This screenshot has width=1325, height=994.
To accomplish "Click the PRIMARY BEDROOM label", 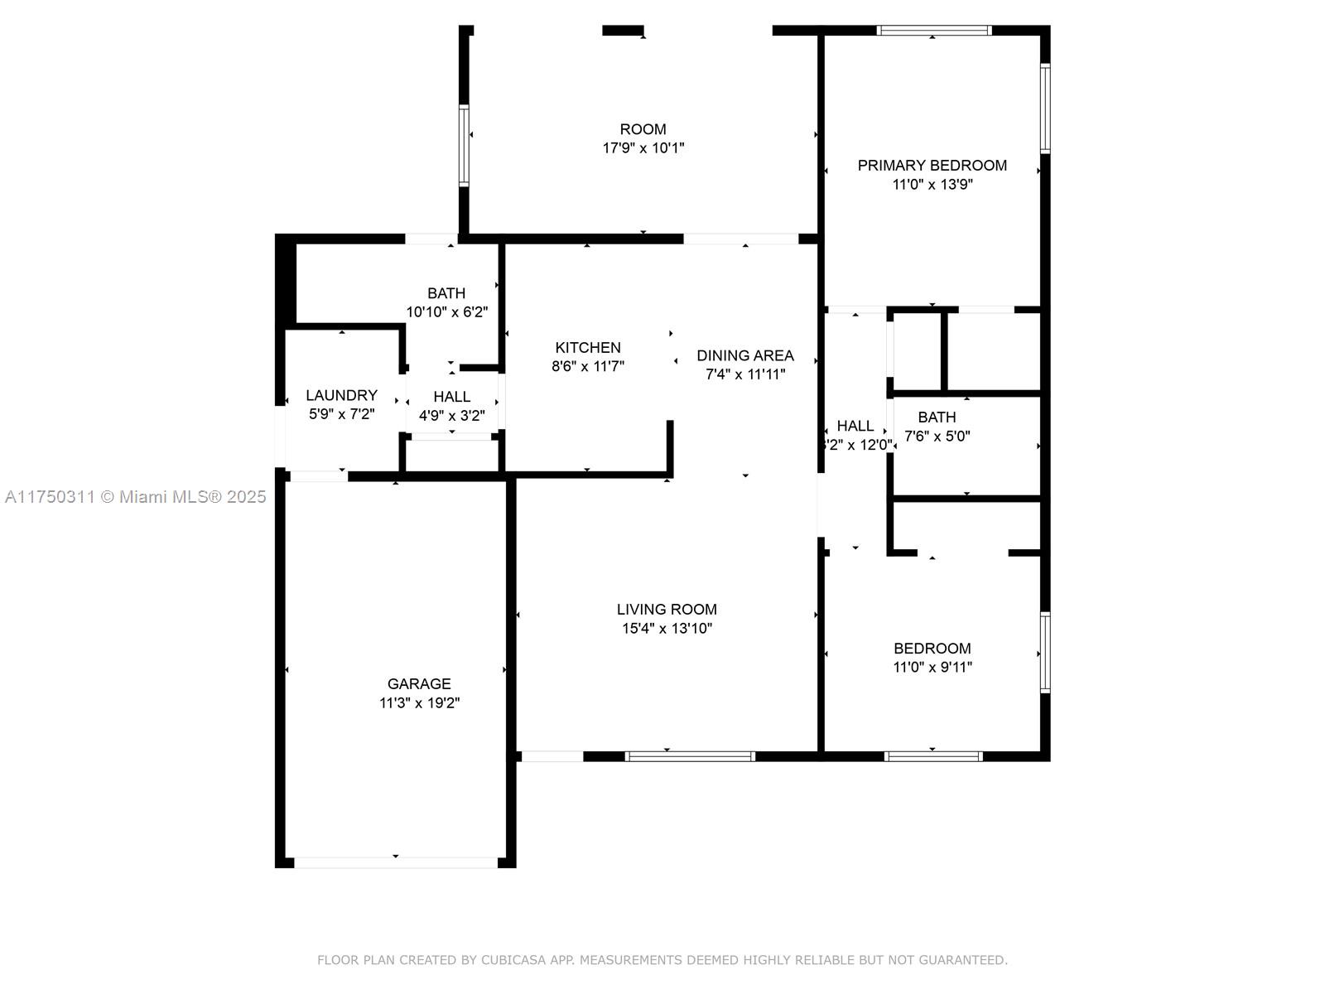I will pyautogui.click(x=932, y=166).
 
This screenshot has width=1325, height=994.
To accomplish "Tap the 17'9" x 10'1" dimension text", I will pyautogui.click(x=643, y=148).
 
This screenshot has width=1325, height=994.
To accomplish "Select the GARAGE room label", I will pyautogui.click(x=419, y=683).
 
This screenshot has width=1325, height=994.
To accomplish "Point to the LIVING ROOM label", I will pyautogui.click(x=667, y=610).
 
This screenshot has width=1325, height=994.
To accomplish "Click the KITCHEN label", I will pyautogui.click(x=587, y=348).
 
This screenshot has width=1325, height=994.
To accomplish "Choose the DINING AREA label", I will pyautogui.click(x=744, y=355).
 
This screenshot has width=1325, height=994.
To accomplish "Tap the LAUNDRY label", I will pyautogui.click(x=341, y=395).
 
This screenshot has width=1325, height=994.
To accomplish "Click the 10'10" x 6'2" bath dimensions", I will pyautogui.click(x=446, y=312).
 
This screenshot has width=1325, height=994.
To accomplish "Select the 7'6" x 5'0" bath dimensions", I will pyautogui.click(x=937, y=436).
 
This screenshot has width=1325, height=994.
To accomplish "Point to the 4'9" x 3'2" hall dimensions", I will pyautogui.click(x=451, y=416).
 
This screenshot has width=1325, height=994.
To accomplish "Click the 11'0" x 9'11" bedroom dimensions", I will pyautogui.click(x=932, y=667).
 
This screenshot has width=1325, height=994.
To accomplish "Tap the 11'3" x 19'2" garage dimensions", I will pyautogui.click(x=419, y=703).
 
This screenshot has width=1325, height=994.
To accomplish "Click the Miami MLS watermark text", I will pyautogui.click(x=135, y=497).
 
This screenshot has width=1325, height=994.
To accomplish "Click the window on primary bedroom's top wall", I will pyautogui.click(x=934, y=31).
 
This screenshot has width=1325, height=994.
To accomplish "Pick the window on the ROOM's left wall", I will pyautogui.click(x=464, y=145).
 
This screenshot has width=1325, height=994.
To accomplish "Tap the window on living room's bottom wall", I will pyautogui.click(x=690, y=755).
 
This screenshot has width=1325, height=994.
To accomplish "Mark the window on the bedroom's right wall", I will pyautogui.click(x=1045, y=652).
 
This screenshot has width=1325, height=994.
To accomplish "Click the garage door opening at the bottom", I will pyautogui.click(x=396, y=862).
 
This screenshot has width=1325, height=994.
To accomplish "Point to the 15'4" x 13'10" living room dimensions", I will pyautogui.click(x=667, y=629).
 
